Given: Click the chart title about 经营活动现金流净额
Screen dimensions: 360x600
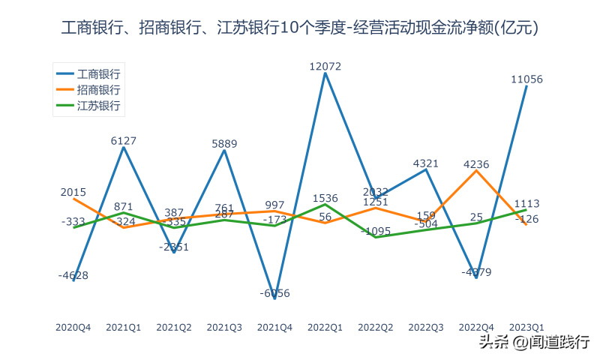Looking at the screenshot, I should tap(300, 28).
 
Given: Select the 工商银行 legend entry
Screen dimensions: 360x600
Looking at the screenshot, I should tap(98, 74).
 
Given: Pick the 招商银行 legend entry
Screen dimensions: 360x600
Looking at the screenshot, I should tap(98, 90).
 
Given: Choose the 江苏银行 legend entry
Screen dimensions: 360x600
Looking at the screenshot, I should tap(98, 106).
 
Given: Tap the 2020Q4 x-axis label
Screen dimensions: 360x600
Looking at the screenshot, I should tap(73, 327).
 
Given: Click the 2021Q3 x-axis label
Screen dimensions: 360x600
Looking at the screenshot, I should tap(224, 327).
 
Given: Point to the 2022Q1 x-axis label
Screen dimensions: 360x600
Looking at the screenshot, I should tap(325, 327).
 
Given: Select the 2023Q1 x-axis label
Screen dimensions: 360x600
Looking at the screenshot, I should tap(526, 327).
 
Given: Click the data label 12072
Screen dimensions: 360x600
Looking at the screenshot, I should tap(325, 67).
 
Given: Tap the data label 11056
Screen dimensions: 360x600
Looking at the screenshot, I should tap(526, 79).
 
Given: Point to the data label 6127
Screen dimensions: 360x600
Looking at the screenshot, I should tap(124, 140).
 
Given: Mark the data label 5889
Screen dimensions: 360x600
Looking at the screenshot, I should tap(224, 143).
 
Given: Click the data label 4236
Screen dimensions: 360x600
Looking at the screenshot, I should tap(476, 164).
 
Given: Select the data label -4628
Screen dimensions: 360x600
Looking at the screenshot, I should tap(73, 275).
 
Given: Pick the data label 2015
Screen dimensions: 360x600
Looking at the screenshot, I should tap(73, 192).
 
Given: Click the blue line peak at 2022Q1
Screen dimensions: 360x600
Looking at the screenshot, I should tap(325, 73).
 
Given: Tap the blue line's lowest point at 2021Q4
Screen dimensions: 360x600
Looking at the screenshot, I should tap(274, 298).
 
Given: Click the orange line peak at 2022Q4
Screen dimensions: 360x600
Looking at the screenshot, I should tap(476, 171).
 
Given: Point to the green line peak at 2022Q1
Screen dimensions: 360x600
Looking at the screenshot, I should tap(325, 204).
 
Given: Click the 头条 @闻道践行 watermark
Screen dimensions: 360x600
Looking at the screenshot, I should tap(534, 343).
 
